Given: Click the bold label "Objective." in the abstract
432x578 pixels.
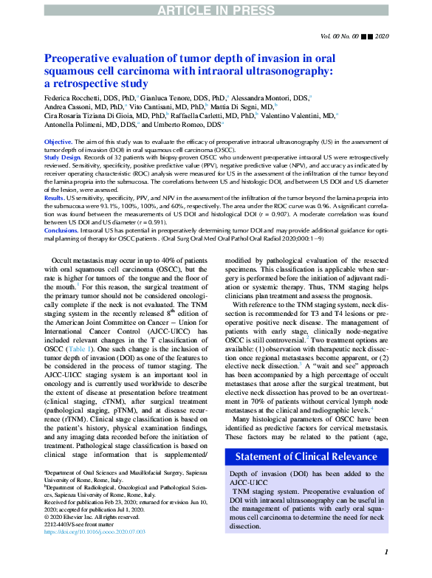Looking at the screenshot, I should (x=58, y=140).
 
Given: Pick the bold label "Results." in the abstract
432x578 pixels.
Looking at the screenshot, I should (x=54, y=199).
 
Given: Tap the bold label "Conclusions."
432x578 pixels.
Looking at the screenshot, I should (x=61, y=231).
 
